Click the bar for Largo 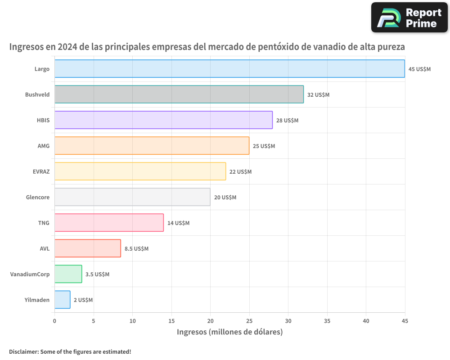coord(229,69)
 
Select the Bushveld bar coord(179,94)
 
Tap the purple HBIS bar coord(163,120)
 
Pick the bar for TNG coord(109,223)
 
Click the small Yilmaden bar coord(63,300)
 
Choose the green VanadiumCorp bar coord(68,274)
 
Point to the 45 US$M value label coord(419,69)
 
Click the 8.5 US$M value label coord(136,249)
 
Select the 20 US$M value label coord(225,198)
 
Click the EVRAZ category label coord(40,171)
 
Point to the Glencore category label coord(38,197)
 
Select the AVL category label coord(45,248)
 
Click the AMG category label coord(44,146)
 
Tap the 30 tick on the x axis coord(288,321)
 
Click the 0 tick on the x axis coord(54,321)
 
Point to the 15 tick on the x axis coord(171,321)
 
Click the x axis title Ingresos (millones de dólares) coord(229,332)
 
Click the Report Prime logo coord(409,18)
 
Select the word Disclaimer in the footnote coord(23,351)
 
